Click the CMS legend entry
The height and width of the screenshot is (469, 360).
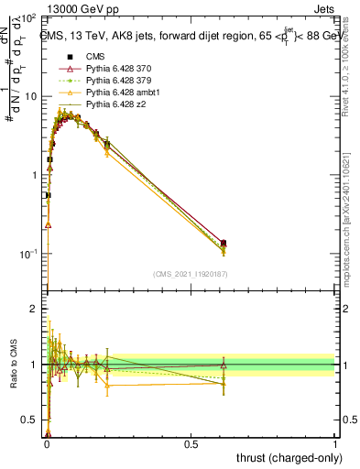point(95,57)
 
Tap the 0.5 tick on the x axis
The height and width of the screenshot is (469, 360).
point(191,444)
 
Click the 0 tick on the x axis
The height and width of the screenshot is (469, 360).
point(47,444)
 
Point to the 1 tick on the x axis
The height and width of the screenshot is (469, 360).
point(335,444)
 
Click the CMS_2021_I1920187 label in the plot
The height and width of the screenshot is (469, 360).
point(190,274)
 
